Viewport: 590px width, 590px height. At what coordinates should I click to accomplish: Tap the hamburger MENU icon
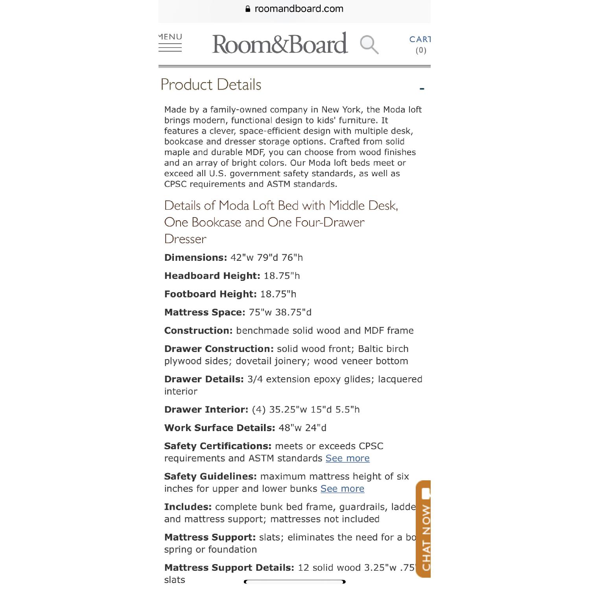click(x=170, y=43)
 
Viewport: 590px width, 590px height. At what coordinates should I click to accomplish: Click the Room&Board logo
click(x=280, y=44)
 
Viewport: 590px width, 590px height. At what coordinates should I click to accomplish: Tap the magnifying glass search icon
click(x=369, y=44)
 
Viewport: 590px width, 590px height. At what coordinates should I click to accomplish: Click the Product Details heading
click(x=211, y=85)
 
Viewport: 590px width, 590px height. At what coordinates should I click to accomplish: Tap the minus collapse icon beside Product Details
click(x=422, y=89)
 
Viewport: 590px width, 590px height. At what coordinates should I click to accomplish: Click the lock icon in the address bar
click(x=248, y=9)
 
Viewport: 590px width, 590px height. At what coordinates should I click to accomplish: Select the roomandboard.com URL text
click(x=299, y=9)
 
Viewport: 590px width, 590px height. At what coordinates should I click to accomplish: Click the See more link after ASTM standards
click(x=347, y=458)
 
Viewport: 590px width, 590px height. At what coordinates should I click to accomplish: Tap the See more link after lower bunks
click(x=342, y=489)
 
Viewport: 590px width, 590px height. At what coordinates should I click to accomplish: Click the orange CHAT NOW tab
click(x=424, y=529)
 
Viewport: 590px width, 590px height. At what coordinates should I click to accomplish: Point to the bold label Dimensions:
click(x=195, y=258)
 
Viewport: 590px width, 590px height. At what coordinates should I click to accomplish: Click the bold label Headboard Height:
click(x=212, y=276)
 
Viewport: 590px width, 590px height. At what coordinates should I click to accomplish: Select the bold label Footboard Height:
click(x=210, y=294)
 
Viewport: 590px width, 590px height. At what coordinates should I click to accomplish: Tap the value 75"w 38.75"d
click(x=280, y=312)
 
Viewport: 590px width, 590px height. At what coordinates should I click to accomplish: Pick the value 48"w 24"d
click(x=302, y=428)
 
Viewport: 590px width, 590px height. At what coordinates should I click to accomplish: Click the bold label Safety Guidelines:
click(x=210, y=476)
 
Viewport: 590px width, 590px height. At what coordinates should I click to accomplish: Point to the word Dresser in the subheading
click(x=185, y=239)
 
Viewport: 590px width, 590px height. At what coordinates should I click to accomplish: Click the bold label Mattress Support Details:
click(x=229, y=568)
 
